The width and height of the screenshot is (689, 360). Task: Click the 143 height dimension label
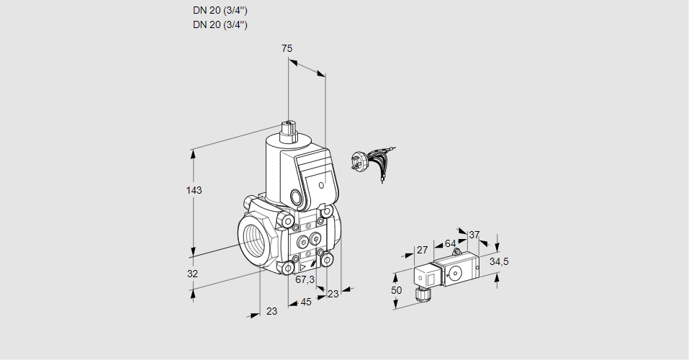[x=194, y=191]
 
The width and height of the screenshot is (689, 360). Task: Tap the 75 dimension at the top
[x=287, y=48]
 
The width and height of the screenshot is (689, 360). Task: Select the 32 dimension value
[x=192, y=274]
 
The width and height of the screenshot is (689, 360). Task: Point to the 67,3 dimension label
[x=305, y=279]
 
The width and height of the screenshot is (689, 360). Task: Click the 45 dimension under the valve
[x=306, y=302]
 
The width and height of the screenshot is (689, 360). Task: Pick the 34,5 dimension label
[x=499, y=261]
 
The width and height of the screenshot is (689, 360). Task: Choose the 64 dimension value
[x=450, y=243]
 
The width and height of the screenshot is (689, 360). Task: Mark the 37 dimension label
[x=474, y=235]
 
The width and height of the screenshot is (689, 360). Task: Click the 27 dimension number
[x=423, y=251]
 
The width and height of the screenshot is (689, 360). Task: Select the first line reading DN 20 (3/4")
[x=220, y=11]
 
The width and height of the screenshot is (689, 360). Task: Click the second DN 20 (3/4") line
[x=220, y=24]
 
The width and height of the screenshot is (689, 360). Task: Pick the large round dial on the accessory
[x=456, y=273]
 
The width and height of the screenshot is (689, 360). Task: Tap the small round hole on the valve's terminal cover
[x=297, y=196]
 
